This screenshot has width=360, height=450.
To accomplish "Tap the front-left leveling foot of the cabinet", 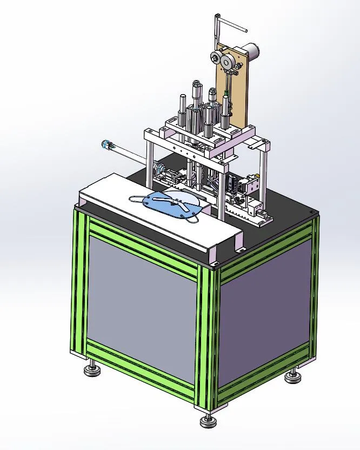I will tap(90, 371).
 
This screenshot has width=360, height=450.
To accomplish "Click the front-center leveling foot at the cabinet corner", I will tap(207, 421).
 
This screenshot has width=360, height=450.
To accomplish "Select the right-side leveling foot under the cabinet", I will tap(292, 375).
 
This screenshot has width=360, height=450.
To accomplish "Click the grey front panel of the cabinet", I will tap(141, 308).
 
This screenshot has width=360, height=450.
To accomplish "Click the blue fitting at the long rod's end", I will tap(106, 144).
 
